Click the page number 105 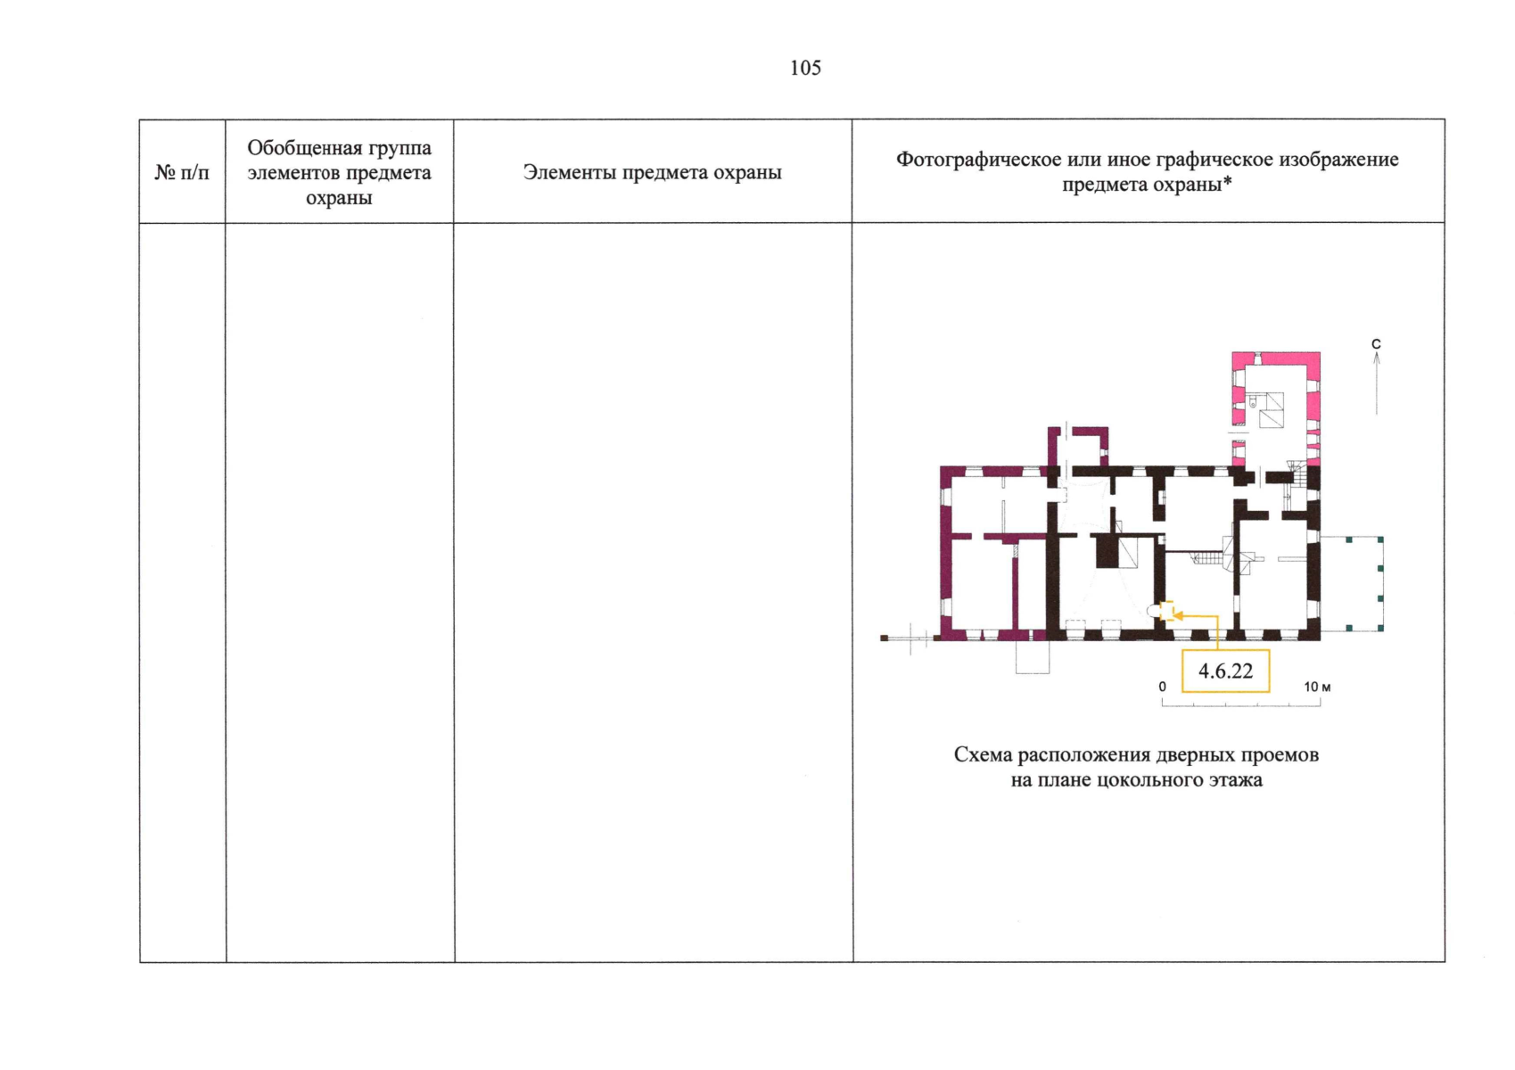point(805,68)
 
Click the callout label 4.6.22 point(1225,671)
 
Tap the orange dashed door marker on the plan point(1167,611)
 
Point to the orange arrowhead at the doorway point(1178,615)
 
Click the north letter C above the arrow point(1376,344)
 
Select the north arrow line point(1377,383)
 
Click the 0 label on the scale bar point(1162,687)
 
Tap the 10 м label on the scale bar point(1317,687)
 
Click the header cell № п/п point(182,172)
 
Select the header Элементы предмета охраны point(652,172)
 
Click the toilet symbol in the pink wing point(1253,402)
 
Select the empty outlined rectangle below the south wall point(1032,656)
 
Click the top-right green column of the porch point(1380,539)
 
